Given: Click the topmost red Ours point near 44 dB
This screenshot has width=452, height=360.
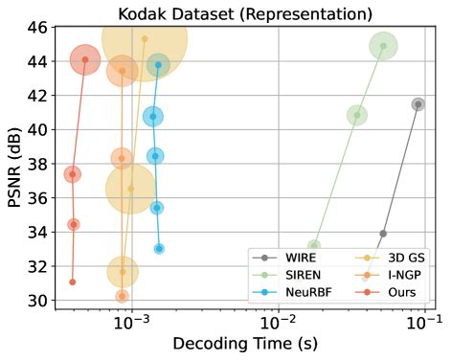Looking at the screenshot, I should (85, 59).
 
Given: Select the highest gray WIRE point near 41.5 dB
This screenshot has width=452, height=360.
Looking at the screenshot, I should (418, 104).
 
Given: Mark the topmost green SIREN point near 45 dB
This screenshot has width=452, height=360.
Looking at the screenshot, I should (383, 46).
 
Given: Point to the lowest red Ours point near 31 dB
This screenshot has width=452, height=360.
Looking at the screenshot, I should (73, 282).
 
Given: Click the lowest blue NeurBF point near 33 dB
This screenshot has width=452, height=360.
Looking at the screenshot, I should (159, 249).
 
